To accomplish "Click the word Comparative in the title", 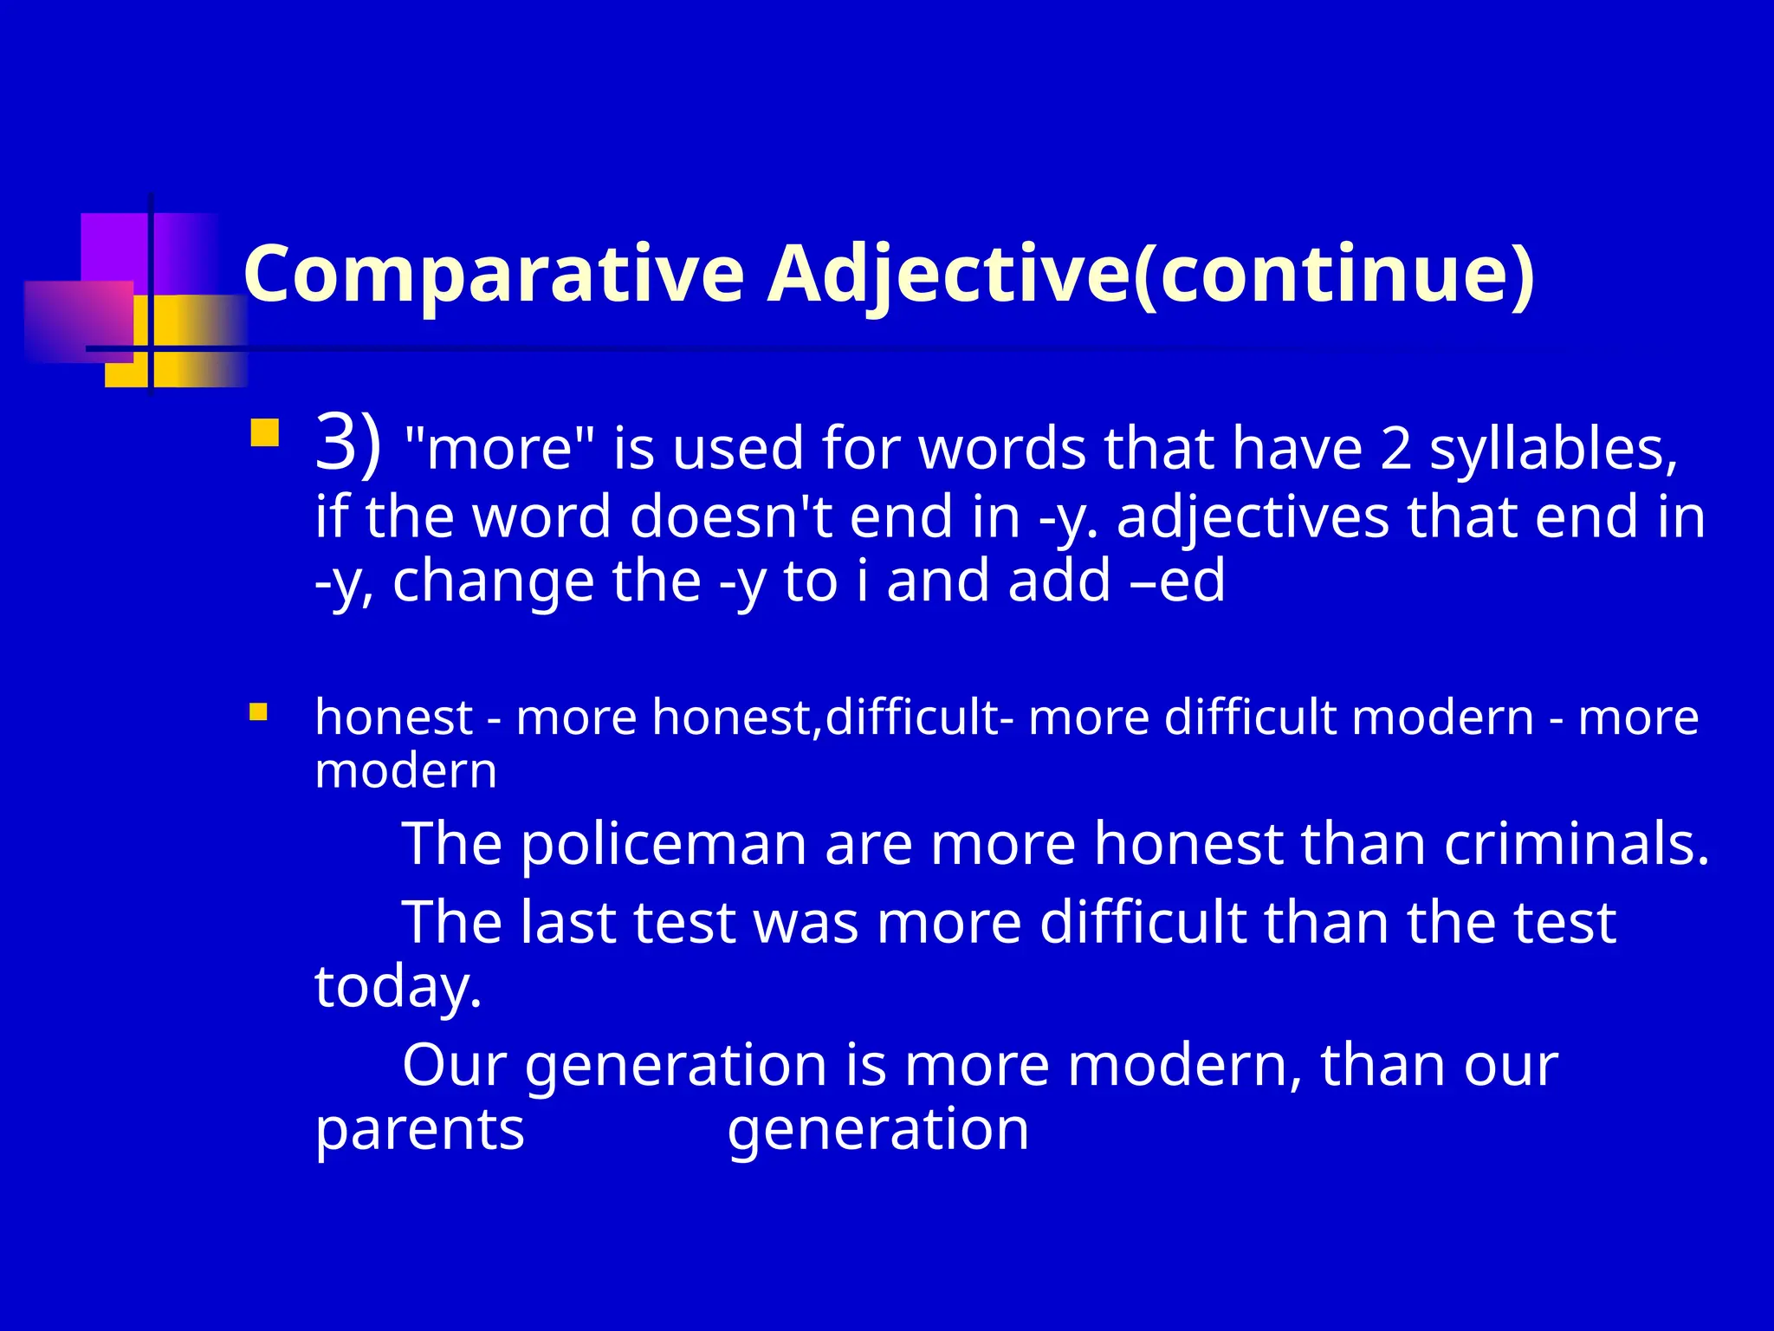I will tap(494, 276).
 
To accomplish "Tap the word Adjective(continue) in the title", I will tap(1150, 276).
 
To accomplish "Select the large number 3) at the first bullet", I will tap(347, 444).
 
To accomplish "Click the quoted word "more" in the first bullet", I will tap(500, 451).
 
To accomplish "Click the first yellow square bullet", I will tap(264, 433).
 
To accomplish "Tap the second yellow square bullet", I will tap(258, 712).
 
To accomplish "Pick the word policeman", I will tap(664, 844).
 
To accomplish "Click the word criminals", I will tap(1577, 844).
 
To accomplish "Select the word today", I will tap(398, 988).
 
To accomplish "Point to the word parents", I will tap(419, 1130).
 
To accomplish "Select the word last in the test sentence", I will tap(567, 922).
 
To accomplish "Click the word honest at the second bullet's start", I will tap(393, 717).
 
